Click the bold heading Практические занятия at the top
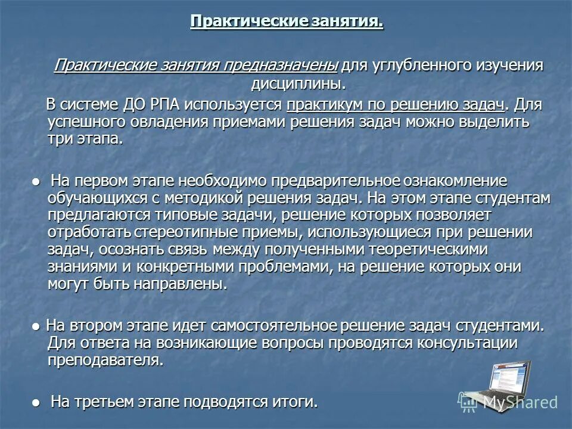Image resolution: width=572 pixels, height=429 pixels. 286,22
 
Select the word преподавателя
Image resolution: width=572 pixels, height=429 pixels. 104,360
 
